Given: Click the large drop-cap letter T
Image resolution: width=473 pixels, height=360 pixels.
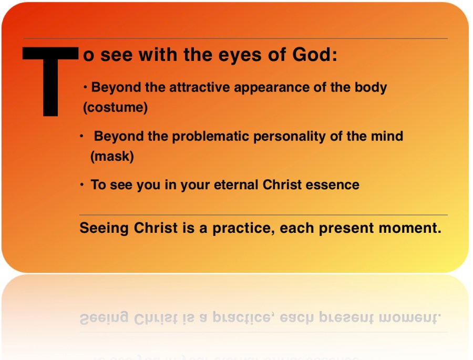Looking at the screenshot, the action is pyautogui.click(x=50, y=81).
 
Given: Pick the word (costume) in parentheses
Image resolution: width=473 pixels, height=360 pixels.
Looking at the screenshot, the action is pyautogui.click(x=116, y=107).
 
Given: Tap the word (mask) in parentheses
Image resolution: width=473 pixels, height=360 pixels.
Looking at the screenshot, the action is pyautogui.click(x=112, y=156).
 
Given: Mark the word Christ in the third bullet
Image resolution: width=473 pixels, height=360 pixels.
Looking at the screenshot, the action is pyautogui.click(x=282, y=184).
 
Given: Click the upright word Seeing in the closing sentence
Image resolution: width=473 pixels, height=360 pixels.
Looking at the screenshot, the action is pyautogui.click(x=104, y=229).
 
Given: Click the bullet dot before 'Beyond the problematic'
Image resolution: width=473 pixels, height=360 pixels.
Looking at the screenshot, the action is pyautogui.click(x=81, y=137).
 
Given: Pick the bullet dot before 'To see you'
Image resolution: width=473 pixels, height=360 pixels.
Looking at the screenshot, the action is pyautogui.click(x=82, y=184).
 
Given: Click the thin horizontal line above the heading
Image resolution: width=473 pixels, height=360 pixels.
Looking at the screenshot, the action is pyautogui.click(x=235, y=38).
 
